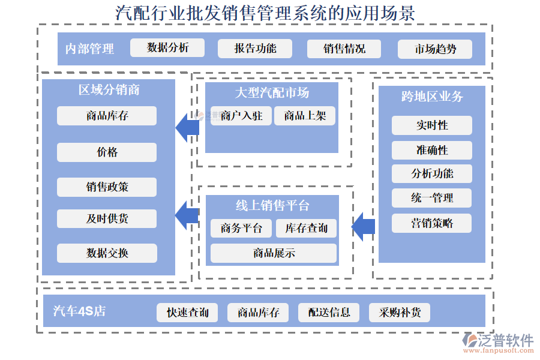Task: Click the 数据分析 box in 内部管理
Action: tap(167, 48)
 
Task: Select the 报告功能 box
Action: tap(255, 49)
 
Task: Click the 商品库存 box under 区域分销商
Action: tap(107, 116)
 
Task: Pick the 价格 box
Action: tap(107, 152)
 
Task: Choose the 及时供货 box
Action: tap(107, 218)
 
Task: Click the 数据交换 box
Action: tap(107, 253)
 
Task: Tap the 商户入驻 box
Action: tap(241, 116)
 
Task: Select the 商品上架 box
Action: tap(305, 116)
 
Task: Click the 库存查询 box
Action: tap(307, 228)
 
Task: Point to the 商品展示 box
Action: tap(274, 253)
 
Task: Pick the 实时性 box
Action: tap(432, 125)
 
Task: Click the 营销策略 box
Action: tap(432, 223)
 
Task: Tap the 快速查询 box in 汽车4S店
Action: tap(188, 313)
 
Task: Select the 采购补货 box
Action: tap(400, 313)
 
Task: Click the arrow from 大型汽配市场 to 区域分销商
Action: tap(187, 127)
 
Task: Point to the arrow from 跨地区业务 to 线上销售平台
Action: tap(363, 226)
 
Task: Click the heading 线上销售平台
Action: tap(272, 206)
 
